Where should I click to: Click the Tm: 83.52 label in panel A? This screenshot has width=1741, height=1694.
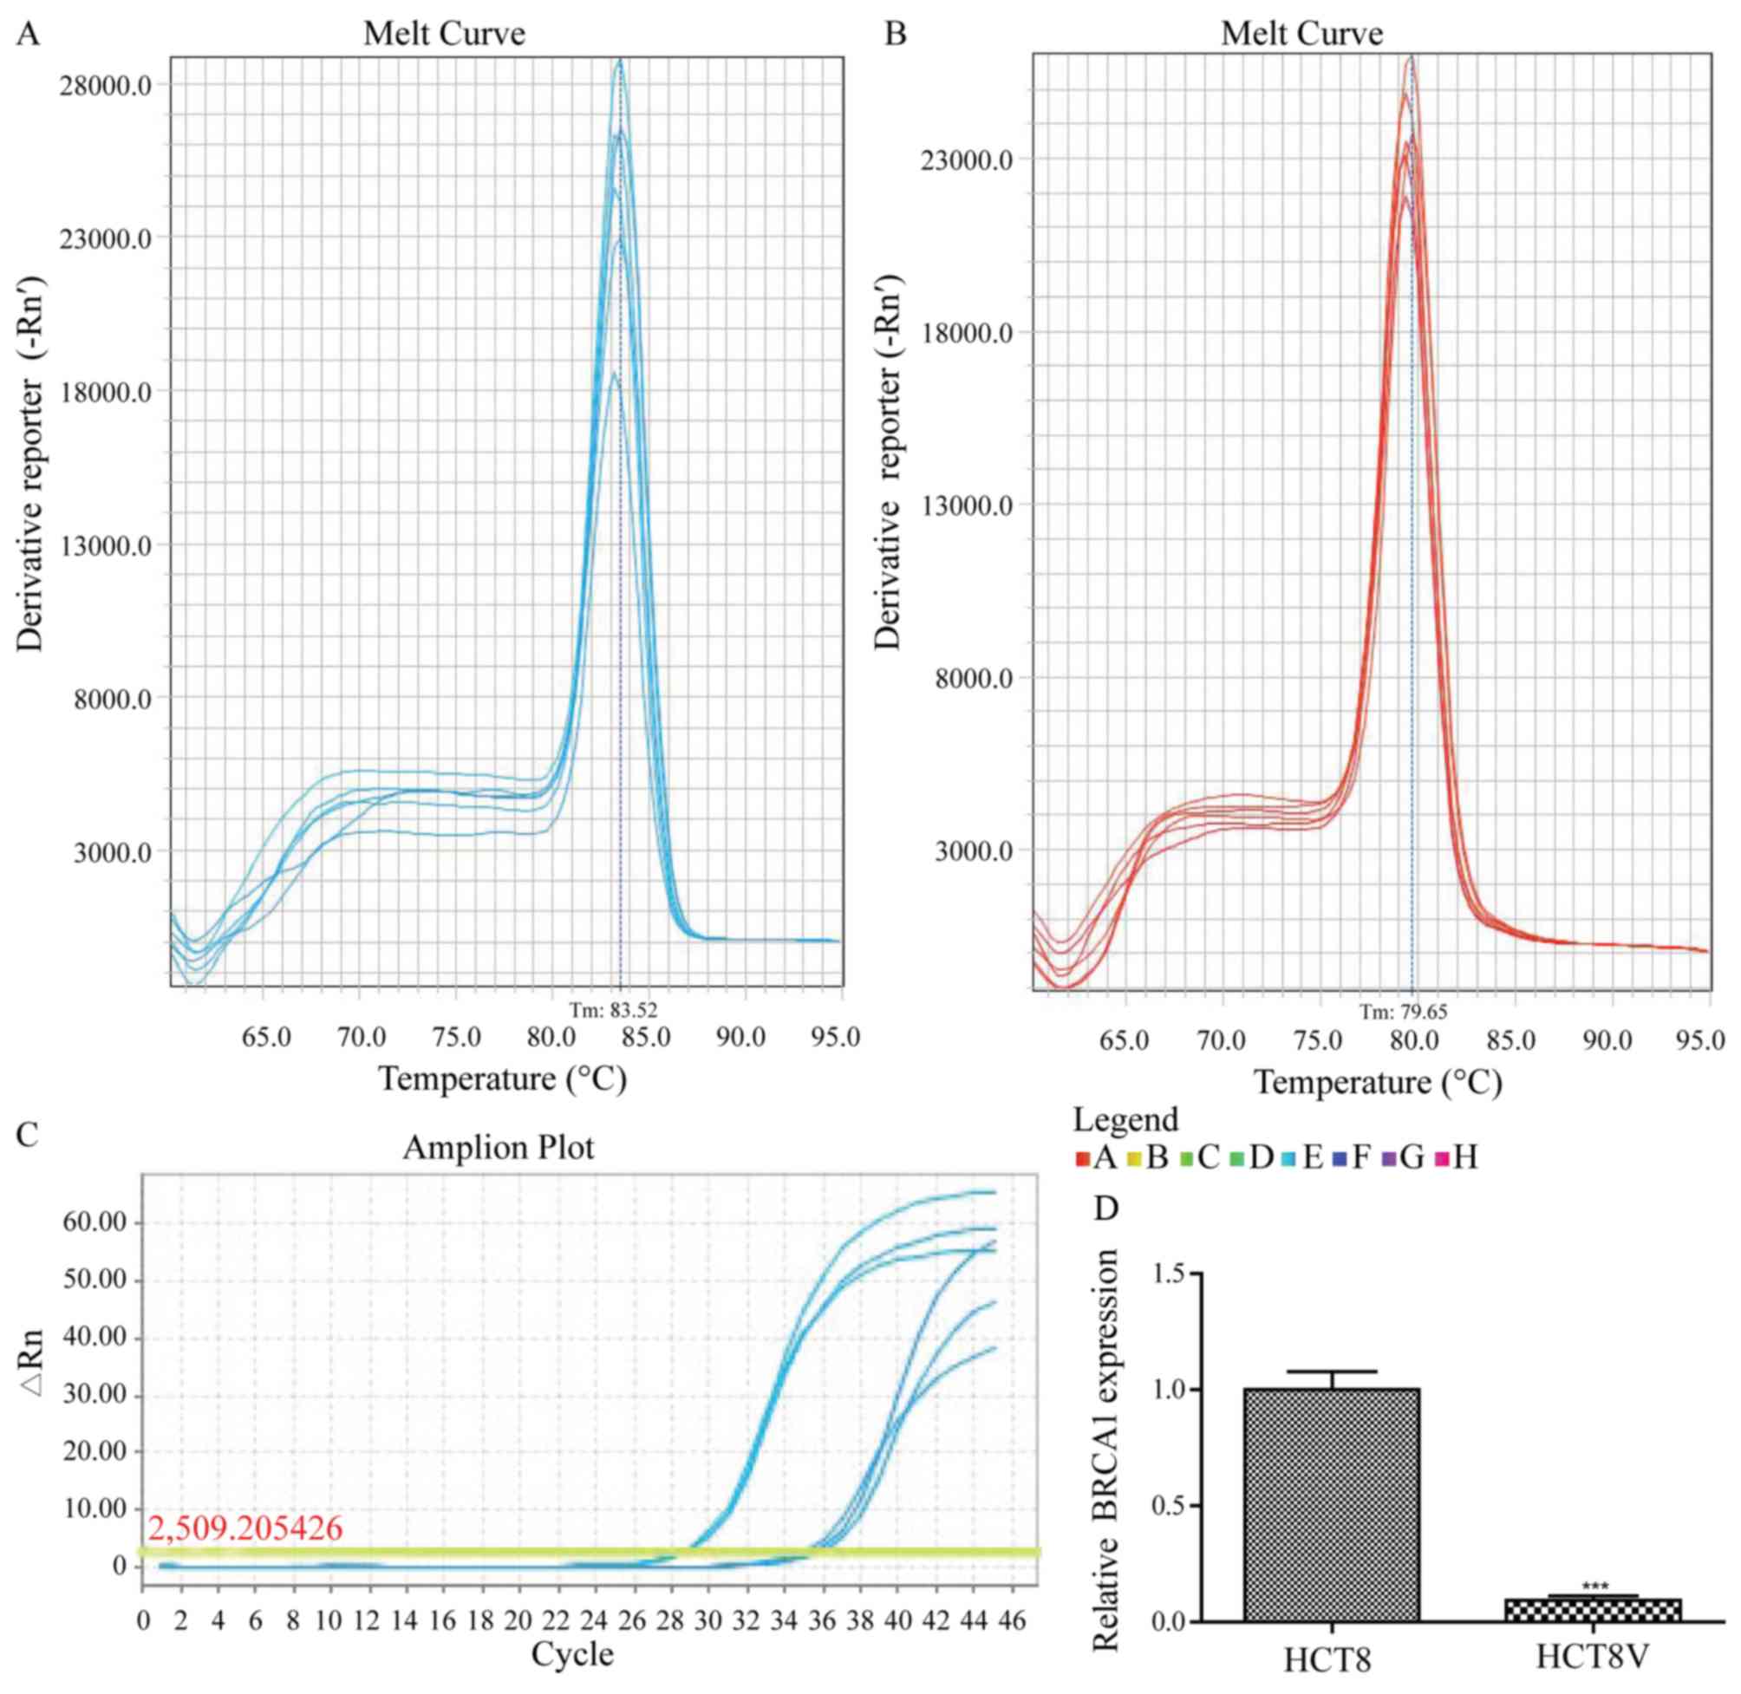(613, 1010)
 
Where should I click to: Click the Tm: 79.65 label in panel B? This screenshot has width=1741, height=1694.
(1403, 1013)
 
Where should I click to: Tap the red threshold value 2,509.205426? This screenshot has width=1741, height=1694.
(245, 1528)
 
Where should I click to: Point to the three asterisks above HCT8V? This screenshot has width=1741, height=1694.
(1595, 1587)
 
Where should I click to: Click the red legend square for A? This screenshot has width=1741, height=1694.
(1082, 1159)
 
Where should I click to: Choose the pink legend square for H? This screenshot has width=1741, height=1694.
(1441, 1159)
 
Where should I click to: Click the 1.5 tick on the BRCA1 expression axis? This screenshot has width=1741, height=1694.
(1168, 1274)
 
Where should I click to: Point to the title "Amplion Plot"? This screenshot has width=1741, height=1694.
(499, 1148)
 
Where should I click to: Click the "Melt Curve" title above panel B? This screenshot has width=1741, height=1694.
(1301, 34)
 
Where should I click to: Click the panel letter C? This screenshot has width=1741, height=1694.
(29, 1134)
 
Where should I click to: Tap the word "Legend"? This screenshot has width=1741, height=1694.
(1125, 1119)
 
